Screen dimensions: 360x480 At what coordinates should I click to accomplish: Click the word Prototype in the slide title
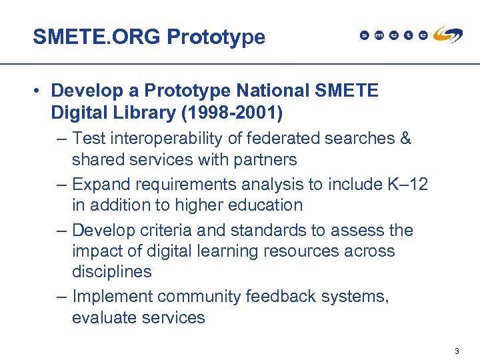[x=216, y=37]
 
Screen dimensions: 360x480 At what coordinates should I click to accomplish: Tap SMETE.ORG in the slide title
[x=97, y=37]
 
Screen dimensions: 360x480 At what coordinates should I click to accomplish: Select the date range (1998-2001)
[x=232, y=113]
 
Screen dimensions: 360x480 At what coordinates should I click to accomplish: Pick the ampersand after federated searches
[x=405, y=139]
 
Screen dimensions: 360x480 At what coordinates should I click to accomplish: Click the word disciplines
[x=111, y=272]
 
